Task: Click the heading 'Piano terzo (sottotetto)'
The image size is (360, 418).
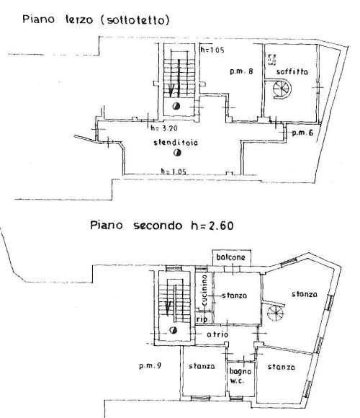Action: point(96,19)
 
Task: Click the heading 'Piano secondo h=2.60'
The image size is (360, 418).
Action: point(162,226)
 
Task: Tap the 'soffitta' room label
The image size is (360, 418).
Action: point(292,72)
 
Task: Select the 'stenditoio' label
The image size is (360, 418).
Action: point(176,143)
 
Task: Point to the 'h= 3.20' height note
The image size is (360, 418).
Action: point(164,128)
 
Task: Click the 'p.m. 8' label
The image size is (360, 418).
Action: point(241,71)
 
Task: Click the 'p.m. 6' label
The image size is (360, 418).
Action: point(302,133)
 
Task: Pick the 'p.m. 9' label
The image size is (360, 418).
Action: point(150,365)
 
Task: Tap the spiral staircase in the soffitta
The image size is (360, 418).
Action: point(282,89)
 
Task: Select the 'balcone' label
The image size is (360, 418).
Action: point(230,257)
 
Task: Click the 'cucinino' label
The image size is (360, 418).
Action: point(204,290)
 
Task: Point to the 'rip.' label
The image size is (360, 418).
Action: point(204,319)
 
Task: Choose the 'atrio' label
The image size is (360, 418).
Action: point(217,334)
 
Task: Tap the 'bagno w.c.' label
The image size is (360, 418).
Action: point(240,376)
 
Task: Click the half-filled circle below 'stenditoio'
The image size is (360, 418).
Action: point(177,153)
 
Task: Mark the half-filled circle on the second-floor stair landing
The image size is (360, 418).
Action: point(174,330)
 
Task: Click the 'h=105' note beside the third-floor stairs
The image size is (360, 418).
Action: point(212,50)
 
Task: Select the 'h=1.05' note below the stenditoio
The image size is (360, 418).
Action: point(174,172)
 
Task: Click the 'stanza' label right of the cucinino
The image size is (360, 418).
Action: point(234,295)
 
